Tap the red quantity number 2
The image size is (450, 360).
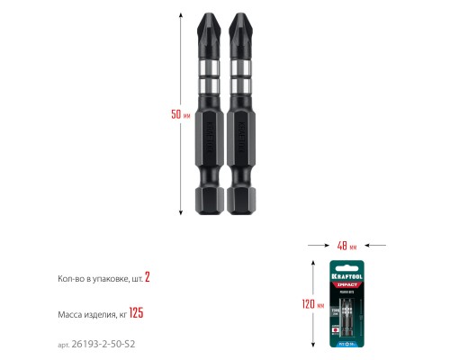click(147, 278)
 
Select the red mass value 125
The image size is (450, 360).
click(136, 313)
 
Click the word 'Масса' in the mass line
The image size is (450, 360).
click(57, 314)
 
